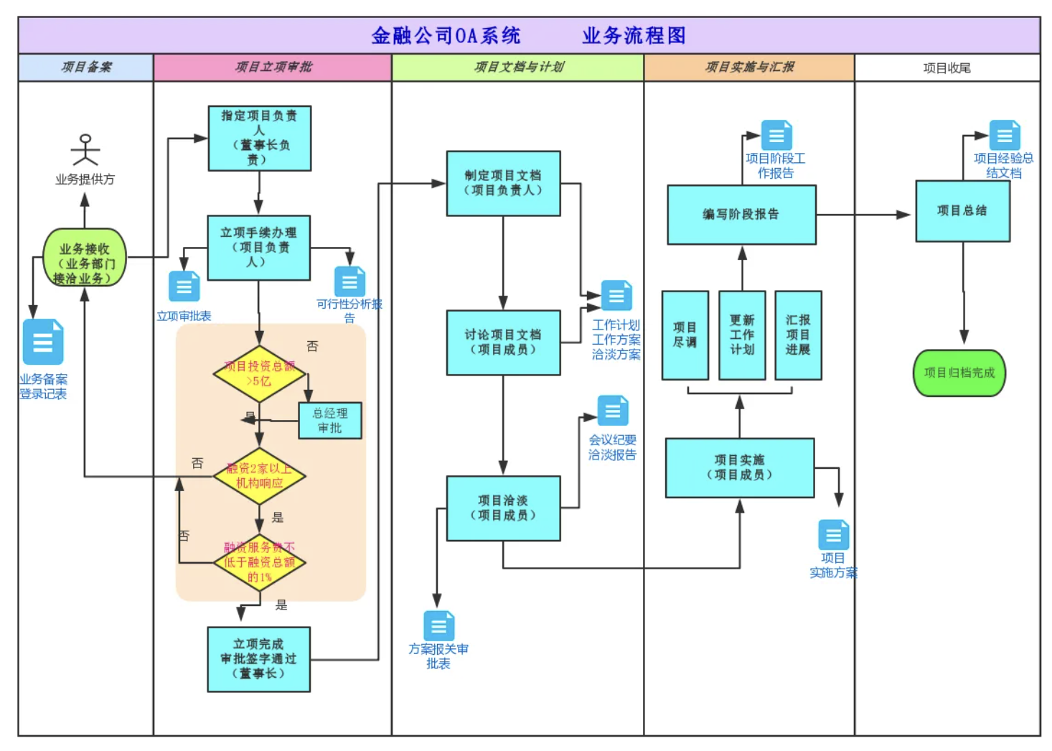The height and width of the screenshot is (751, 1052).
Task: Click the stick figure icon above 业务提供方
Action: pyautogui.click(x=85, y=149)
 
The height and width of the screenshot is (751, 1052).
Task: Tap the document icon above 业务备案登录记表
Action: pyautogui.click(x=43, y=342)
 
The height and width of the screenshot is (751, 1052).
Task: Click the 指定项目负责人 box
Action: pyautogui.click(x=259, y=139)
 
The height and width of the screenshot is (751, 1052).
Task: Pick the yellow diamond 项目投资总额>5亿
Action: pyautogui.click(x=259, y=373)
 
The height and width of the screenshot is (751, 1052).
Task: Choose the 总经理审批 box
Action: pyautogui.click(x=330, y=420)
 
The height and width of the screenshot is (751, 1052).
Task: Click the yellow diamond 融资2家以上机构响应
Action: pyautogui.click(x=259, y=476)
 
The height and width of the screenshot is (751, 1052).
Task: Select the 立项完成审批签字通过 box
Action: pyautogui.click(x=258, y=659)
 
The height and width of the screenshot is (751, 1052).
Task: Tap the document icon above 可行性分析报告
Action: pyautogui.click(x=349, y=281)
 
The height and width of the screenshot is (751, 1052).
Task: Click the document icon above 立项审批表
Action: pyautogui.click(x=184, y=286)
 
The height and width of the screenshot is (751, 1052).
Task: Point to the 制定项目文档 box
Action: pyautogui.click(x=503, y=183)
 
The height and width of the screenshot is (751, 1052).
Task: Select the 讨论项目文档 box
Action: pyautogui.click(x=503, y=342)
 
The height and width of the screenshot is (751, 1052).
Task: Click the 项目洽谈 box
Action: pyautogui.click(x=503, y=508)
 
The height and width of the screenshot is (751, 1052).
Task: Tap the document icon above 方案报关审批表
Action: pyautogui.click(x=438, y=625)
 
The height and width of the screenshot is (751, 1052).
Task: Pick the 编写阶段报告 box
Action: pyautogui.click(x=741, y=215)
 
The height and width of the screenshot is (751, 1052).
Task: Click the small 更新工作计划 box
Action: pyautogui.click(x=742, y=335)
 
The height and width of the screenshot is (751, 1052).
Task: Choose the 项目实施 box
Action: pyautogui.click(x=740, y=467)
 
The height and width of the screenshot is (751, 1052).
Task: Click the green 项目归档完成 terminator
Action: pyautogui.click(x=959, y=373)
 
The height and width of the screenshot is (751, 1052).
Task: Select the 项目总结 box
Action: pyautogui.click(x=962, y=211)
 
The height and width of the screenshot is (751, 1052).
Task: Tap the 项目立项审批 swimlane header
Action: pyautogui.click(x=273, y=67)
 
